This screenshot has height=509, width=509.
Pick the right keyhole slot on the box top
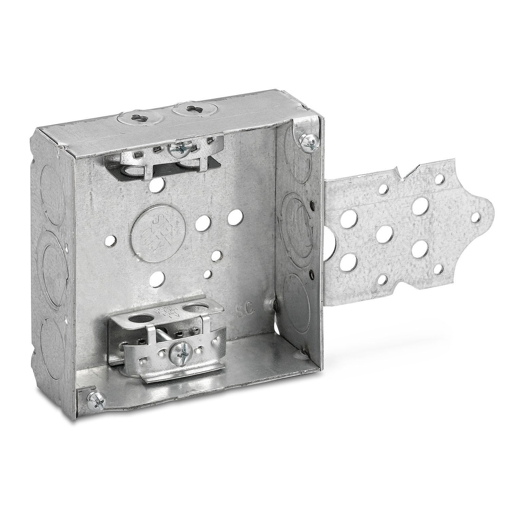click(187, 109)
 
